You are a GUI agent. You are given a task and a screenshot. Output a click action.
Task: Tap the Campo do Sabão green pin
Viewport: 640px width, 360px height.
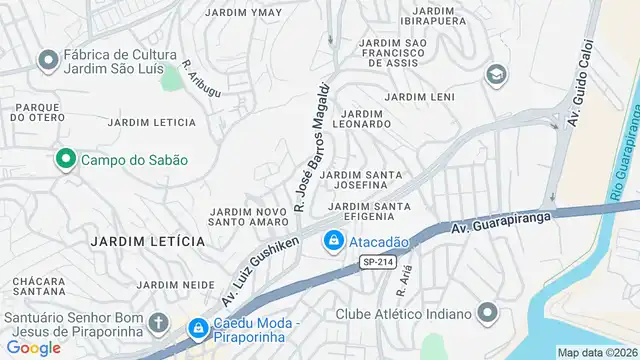click(66, 159)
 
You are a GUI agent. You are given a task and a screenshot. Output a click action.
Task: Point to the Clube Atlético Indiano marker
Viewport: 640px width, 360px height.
click(487, 314)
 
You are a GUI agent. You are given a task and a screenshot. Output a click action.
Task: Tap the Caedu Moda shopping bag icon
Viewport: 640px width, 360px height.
click(198, 327)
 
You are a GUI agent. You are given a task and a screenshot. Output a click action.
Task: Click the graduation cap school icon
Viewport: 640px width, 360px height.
click(495, 75)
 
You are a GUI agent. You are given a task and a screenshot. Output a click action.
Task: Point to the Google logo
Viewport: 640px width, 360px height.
click(33, 347)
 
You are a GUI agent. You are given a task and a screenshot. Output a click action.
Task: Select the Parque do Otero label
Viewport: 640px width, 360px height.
click(37, 111)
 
